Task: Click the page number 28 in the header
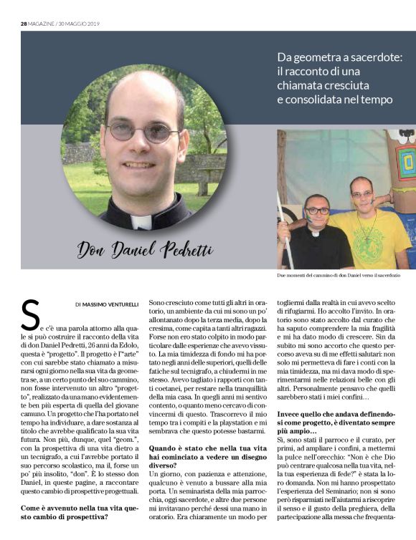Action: coord(24,23)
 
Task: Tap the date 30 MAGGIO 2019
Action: coord(78,23)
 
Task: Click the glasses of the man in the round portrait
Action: coord(143,132)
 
